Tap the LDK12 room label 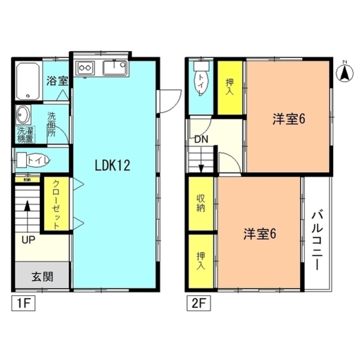112,165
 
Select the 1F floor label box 24,303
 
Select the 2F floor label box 198,303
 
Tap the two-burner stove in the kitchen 85,68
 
